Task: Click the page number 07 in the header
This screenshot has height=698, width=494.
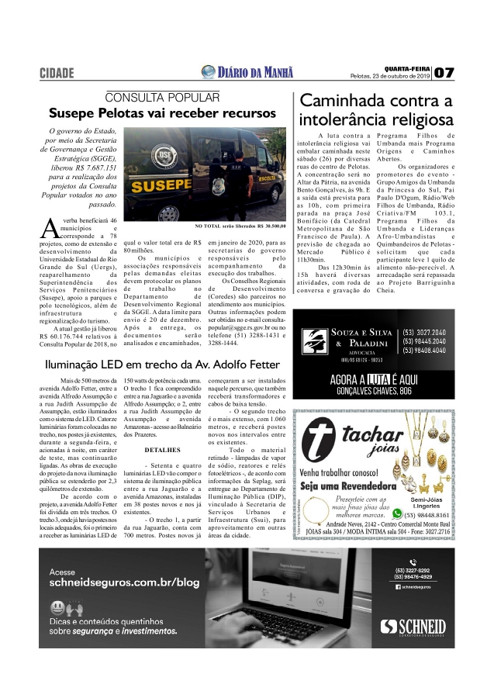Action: point(444,73)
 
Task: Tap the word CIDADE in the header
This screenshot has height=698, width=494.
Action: point(57,74)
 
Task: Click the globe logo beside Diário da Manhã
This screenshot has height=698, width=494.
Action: point(208,72)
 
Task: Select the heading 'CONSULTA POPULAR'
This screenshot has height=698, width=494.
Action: point(163,98)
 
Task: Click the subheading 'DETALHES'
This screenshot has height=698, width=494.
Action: point(163,449)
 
